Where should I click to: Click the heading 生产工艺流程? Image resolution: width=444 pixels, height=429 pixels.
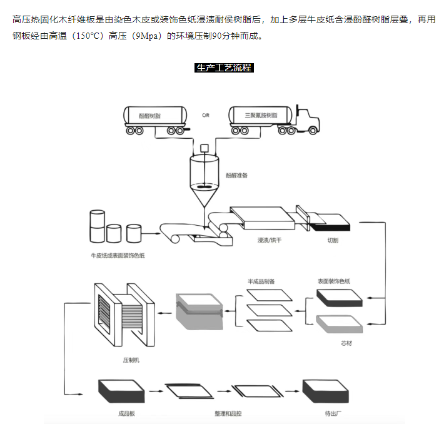224,68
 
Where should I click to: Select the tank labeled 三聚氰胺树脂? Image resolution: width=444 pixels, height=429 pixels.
260,116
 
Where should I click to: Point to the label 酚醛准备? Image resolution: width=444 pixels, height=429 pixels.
236,176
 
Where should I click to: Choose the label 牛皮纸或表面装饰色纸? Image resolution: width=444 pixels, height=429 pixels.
118,256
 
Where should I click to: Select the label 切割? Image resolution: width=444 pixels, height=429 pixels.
333,240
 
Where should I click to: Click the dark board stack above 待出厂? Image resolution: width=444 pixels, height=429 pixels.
325,391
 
